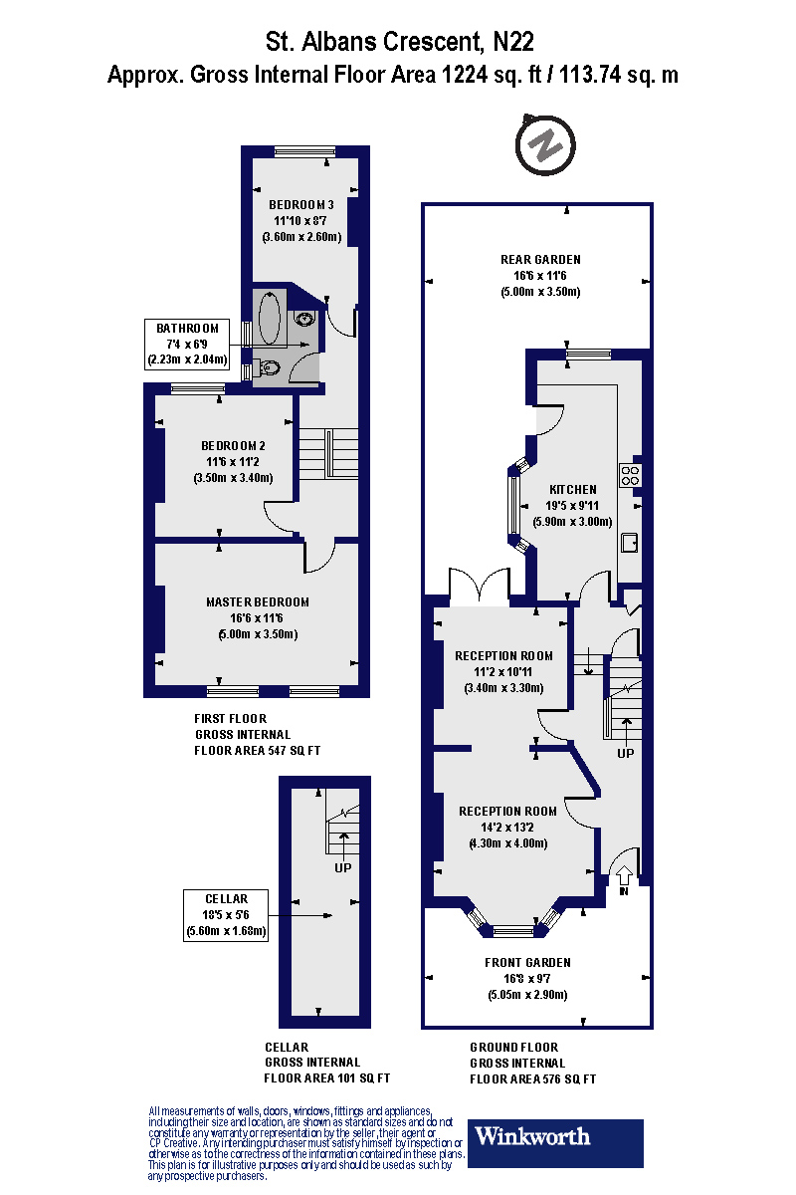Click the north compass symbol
[x=545, y=145]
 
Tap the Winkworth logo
[x=557, y=1143]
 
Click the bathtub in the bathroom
[x=270, y=318]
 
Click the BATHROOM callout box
[x=188, y=343]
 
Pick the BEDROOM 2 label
[x=233, y=445]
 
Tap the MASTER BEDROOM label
[x=257, y=601]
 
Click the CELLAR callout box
[x=226, y=915]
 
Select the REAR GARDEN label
[x=539, y=260]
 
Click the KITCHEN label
[x=573, y=489]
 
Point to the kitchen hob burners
[x=629, y=475]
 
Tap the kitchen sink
[x=630, y=543]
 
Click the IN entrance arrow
[x=624, y=877]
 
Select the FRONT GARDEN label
[x=527, y=963]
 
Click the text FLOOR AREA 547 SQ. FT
[x=257, y=750]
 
